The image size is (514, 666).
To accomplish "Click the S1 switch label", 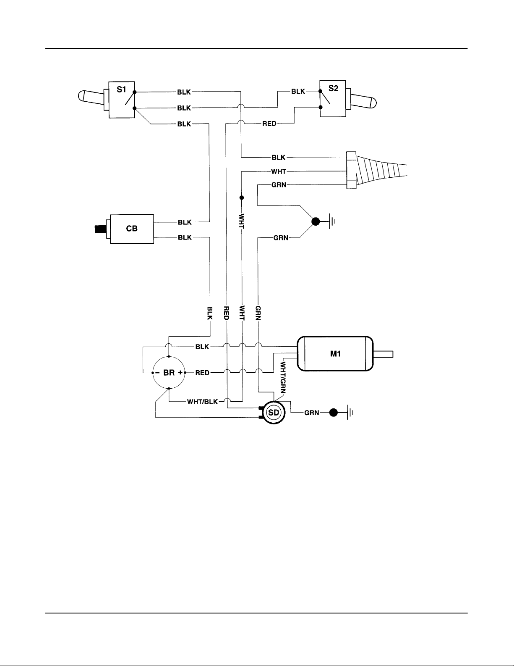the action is [x=121, y=90].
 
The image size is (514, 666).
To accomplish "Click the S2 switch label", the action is [x=333, y=88].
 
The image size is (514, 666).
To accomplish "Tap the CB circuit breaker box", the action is [x=132, y=229].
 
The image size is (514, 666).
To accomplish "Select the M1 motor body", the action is [x=335, y=354].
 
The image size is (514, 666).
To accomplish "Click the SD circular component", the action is [x=274, y=413].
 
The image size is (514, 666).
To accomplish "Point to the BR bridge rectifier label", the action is [x=169, y=373].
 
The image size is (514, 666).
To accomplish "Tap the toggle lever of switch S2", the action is [x=363, y=102].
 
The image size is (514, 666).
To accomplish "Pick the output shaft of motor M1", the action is [x=383, y=354].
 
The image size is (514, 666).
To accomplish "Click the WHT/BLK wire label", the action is [x=203, y=402].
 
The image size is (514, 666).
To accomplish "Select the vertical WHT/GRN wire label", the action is [x=283, y=378].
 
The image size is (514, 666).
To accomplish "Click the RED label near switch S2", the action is [x=269, y=124].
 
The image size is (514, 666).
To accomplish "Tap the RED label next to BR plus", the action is [x=202, y=373].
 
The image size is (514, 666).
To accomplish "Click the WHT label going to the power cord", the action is [x=279, y=171].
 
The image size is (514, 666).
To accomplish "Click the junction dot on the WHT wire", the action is [x=241, y=197].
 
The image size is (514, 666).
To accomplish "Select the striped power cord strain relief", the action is [x=377, y=170].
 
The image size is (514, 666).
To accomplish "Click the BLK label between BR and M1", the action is [x=202, y=347].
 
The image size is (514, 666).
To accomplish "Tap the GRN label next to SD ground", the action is [x=312, y=413].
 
